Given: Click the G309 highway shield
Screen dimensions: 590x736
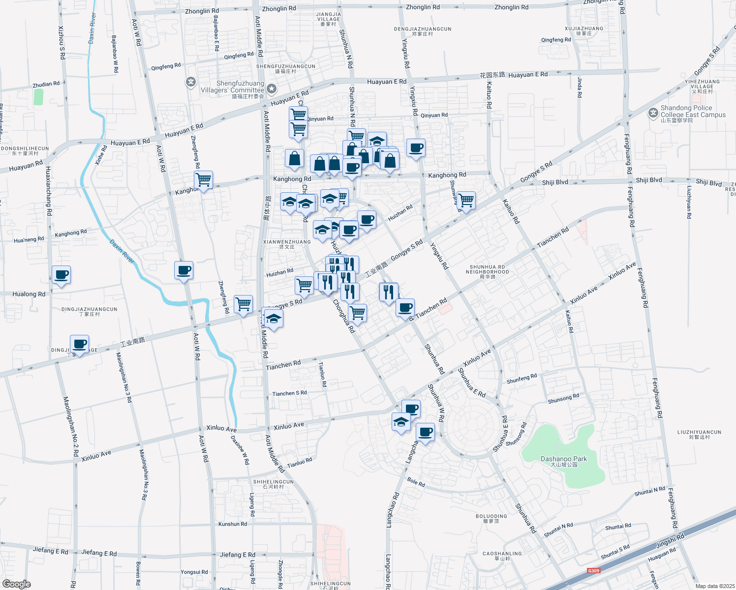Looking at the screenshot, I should click(x=594, y=571).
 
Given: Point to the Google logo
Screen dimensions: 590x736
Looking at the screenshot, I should click(x=16, y=584).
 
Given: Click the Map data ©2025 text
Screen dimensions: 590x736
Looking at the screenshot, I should click(x=714, y=586).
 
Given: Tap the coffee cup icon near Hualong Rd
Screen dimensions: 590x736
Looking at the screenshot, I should click(x=61, y=275).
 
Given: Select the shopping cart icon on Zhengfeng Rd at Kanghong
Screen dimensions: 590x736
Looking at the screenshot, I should click(x=203, y=180).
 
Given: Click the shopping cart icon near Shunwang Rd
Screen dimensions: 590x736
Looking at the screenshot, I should click(x=465, y=201).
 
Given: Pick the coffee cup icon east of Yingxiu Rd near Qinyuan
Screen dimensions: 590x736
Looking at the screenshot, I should click(x=416, y=148).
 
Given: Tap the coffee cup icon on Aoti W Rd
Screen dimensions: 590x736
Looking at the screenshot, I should click(x=184, y=270).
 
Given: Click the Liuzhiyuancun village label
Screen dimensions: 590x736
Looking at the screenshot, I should click(x=699, y=434).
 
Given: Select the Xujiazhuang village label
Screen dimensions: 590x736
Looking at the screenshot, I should click(x=584, y=30).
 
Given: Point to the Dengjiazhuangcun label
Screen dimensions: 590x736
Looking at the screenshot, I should click(x=423, y=31).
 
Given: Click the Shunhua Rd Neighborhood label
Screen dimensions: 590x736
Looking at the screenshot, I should click(x=487, y=271).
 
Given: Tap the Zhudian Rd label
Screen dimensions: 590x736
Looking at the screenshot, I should click(x=46, y=85).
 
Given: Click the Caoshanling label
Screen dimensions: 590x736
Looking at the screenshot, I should click(x=502, y=556).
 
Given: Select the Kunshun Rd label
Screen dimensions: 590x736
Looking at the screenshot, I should click(x=233, y=524).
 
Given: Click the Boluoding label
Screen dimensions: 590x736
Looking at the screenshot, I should click(x=491, y=518).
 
